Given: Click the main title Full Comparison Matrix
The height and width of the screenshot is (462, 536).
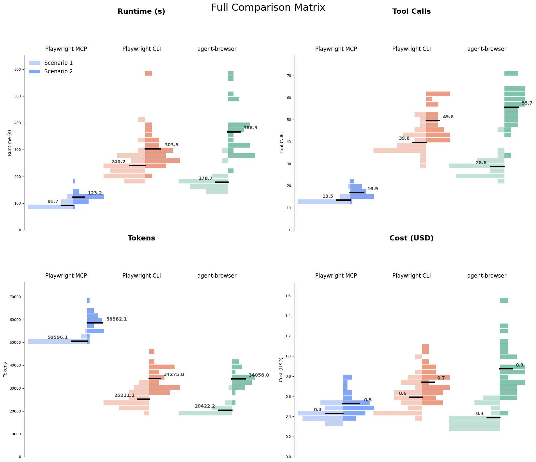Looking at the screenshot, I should click(x=268, y=7).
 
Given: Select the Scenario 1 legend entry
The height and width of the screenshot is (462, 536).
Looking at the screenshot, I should click(x=58, y=63).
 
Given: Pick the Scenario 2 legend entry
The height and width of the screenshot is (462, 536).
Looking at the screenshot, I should click(x=58, y=71).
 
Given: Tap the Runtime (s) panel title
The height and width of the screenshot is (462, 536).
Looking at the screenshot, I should click(x=141, y=11).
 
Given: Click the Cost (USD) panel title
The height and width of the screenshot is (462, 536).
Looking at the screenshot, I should click(x=411, y=238).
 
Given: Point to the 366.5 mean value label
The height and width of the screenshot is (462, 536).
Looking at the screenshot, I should click(x=250, y=128).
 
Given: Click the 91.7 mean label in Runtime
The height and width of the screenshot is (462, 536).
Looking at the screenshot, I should click(x=53, y=201).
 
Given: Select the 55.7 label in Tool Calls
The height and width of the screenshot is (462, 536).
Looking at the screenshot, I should click(x=527, y=103).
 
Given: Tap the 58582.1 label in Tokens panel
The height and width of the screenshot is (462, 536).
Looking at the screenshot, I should click(x=117, y=319).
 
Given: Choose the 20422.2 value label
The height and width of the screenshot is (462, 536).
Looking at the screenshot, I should click(x=205, y=406).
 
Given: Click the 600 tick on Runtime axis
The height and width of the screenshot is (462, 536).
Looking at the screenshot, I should click(x=17, y=69).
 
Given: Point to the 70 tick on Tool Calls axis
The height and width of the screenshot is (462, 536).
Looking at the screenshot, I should click(x=289, y=76).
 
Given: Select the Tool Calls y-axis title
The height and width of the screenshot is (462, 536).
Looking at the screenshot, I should click(x=282, y=143).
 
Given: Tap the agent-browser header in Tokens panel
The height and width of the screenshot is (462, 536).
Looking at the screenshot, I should click(x=217, y=276).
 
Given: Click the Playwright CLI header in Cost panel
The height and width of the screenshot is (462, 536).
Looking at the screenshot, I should click(x=411, y=276).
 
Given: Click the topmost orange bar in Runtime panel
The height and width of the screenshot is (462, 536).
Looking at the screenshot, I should click(x=148, y=73).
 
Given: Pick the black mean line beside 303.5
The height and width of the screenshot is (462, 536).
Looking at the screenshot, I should click(x=153, y=149).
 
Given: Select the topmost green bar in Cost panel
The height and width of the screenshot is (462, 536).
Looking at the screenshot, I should click(x=504, y=300).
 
